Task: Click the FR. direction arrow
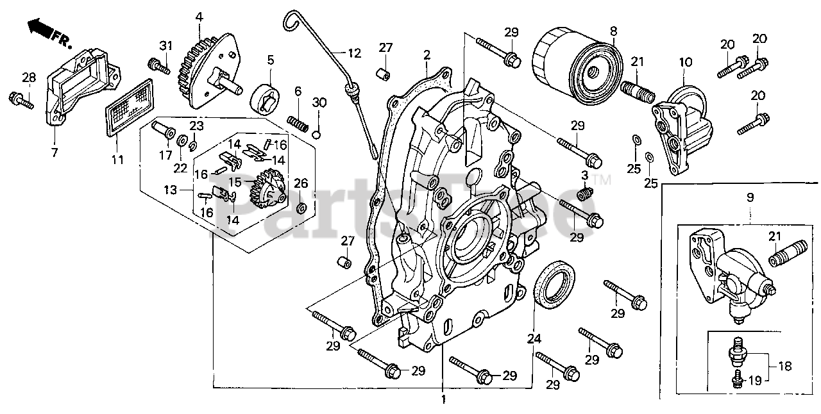(x=40, y=28)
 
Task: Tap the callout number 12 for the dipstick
(x=355, y=53)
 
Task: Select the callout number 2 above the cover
(x=426, y=55)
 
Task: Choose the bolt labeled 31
(x=157, y=65)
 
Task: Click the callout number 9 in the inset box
(x=751, y=198)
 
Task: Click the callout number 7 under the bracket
(x=54, y=153)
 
